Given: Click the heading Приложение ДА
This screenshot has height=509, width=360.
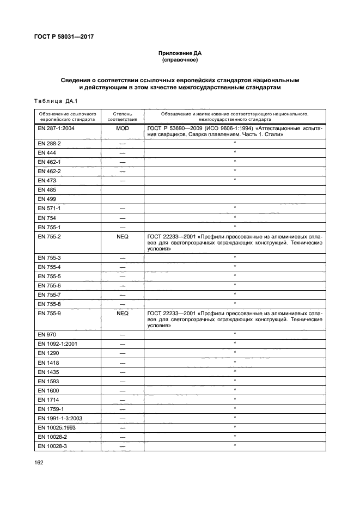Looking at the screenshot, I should tap(180, 53).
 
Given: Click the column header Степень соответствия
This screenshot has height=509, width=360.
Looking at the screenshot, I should tap(122, 116).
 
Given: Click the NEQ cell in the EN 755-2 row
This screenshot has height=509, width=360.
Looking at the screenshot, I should tap(122, 237).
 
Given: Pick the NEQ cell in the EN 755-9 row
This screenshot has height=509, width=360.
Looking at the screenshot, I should tap(122, 314).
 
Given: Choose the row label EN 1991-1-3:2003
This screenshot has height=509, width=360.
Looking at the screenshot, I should tap(61, 418).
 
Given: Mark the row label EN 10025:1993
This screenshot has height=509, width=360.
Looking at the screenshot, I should tap(56, 427).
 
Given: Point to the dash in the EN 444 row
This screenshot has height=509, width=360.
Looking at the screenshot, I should tap(122, 152).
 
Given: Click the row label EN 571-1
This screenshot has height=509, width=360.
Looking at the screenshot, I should tap(50, 208).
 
